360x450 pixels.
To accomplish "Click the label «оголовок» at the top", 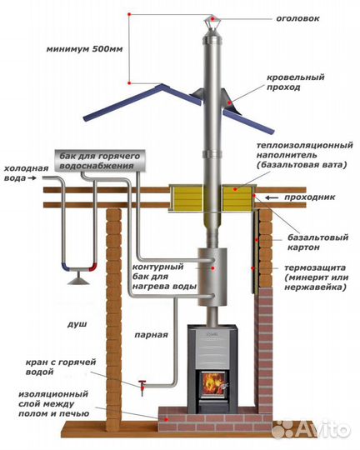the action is (x=297, y=18).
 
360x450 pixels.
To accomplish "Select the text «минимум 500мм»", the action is (x=84, y=49).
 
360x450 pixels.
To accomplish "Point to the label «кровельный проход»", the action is (x=295, y=82).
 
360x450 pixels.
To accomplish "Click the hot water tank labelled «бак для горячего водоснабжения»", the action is (x=100, y=161).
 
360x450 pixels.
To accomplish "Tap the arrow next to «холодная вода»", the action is (x=32, y=178).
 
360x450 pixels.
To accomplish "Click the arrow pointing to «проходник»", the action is (x=271, y=197).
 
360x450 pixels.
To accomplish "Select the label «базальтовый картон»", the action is (x=317, y=242).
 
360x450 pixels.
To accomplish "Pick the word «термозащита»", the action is (x=315, y=267).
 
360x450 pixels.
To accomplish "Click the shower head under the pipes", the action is (x=79, y=279).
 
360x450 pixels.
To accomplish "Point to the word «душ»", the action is (x=77, y=324).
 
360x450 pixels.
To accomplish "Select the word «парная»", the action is (x=151, y=335).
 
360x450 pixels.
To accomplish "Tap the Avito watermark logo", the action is (x=311, y=430).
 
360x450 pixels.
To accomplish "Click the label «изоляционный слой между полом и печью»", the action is (x=53, y=404).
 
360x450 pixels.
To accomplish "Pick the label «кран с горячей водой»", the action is (x=61, y=367).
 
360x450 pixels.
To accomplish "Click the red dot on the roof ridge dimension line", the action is (x=129, y=83).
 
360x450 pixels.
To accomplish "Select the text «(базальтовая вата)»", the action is (x=302, y=165).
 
